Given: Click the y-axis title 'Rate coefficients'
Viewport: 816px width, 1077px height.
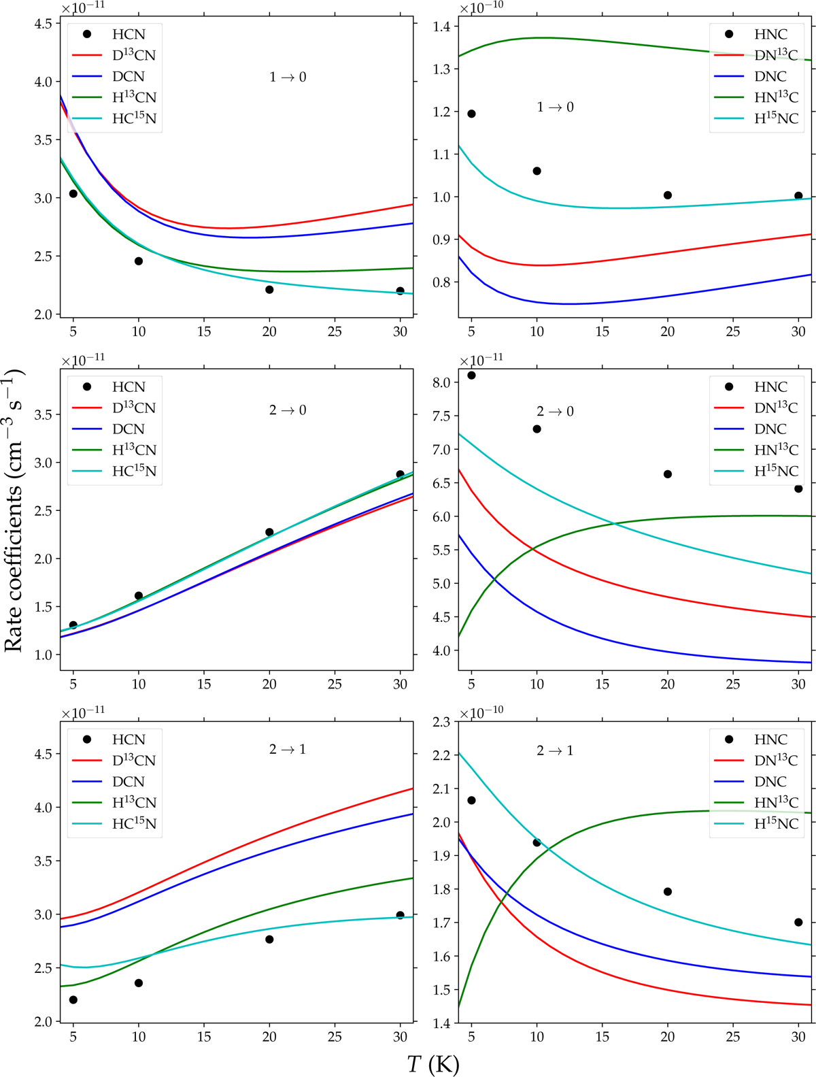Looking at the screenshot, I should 14,510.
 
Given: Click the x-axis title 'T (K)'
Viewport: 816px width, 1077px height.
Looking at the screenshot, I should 433,1063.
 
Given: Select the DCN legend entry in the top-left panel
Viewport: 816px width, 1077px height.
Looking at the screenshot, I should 128,76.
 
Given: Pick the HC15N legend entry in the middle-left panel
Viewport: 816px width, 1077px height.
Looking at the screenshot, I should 134,471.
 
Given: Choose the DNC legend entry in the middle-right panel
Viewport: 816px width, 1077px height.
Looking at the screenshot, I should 770,429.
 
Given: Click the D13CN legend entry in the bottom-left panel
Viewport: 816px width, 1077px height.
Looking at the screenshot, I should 134,760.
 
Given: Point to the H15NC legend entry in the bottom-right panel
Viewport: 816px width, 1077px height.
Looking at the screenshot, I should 776,823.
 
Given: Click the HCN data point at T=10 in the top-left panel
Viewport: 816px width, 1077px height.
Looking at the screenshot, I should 139,261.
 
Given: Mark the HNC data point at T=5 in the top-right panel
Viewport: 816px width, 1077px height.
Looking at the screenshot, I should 471,114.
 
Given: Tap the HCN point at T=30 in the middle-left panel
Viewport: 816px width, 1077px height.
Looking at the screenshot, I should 401,474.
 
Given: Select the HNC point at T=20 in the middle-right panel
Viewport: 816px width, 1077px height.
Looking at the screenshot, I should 668,474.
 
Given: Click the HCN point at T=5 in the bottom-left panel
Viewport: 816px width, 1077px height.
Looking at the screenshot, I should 73,999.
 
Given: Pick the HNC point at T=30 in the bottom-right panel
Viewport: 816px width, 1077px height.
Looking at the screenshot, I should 798,923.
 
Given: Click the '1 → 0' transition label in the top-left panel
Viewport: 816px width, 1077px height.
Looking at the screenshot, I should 288,77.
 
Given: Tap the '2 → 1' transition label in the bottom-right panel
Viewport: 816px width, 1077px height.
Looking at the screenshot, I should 555,750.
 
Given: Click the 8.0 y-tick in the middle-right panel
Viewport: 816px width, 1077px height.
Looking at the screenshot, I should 441,382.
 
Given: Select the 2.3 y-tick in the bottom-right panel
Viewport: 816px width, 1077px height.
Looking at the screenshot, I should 441,721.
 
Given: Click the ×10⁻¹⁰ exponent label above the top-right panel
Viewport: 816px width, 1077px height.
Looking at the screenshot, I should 481,7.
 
